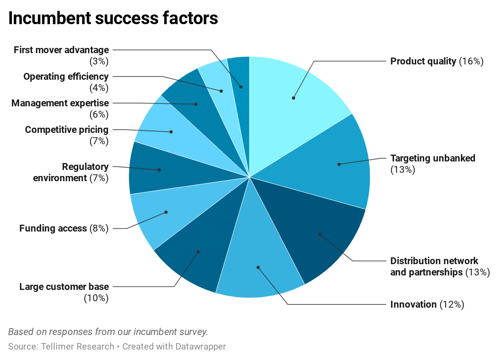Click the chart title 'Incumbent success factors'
(x=113, y=19)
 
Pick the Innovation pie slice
(x=258, y=262)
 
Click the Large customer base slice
(x=193, y=258)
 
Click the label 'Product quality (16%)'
(x=437, y=61)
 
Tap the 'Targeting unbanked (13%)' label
(x=433, y=163)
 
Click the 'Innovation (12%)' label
(x=427, y=304)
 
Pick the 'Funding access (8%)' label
(x=64, y=228)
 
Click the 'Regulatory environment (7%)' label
(x=71, y=172)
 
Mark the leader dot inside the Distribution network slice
(x=320, y=234)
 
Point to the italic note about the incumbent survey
(x=108, y=332)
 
